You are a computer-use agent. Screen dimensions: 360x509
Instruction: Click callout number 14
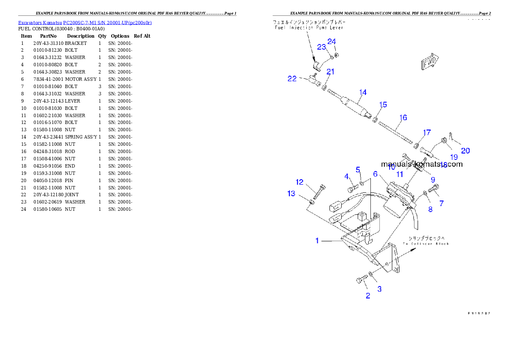363,92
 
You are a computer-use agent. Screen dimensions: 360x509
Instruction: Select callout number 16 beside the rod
403,118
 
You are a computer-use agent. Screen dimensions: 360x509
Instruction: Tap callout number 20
465,150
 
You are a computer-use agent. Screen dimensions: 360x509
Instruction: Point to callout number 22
292,79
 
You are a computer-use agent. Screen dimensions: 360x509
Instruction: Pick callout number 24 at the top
331,41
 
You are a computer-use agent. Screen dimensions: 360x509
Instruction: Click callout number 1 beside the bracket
317,241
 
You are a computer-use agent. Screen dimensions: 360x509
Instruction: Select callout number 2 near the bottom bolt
368,296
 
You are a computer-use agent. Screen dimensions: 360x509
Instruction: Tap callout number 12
299,182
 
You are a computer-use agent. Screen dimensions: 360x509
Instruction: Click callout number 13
291,194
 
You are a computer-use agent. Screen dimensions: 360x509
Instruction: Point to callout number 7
441,204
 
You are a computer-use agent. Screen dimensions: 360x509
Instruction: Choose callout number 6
375,174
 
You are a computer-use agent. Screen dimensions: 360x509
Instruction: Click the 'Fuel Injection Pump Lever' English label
308,27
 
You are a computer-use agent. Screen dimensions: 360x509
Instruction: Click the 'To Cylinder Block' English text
426,244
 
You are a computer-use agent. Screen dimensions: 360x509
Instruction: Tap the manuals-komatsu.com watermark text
421,164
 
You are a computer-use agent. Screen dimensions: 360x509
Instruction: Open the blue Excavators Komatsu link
85,23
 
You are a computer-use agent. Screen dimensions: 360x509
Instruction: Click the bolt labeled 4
352,188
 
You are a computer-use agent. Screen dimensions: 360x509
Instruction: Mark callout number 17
427,133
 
